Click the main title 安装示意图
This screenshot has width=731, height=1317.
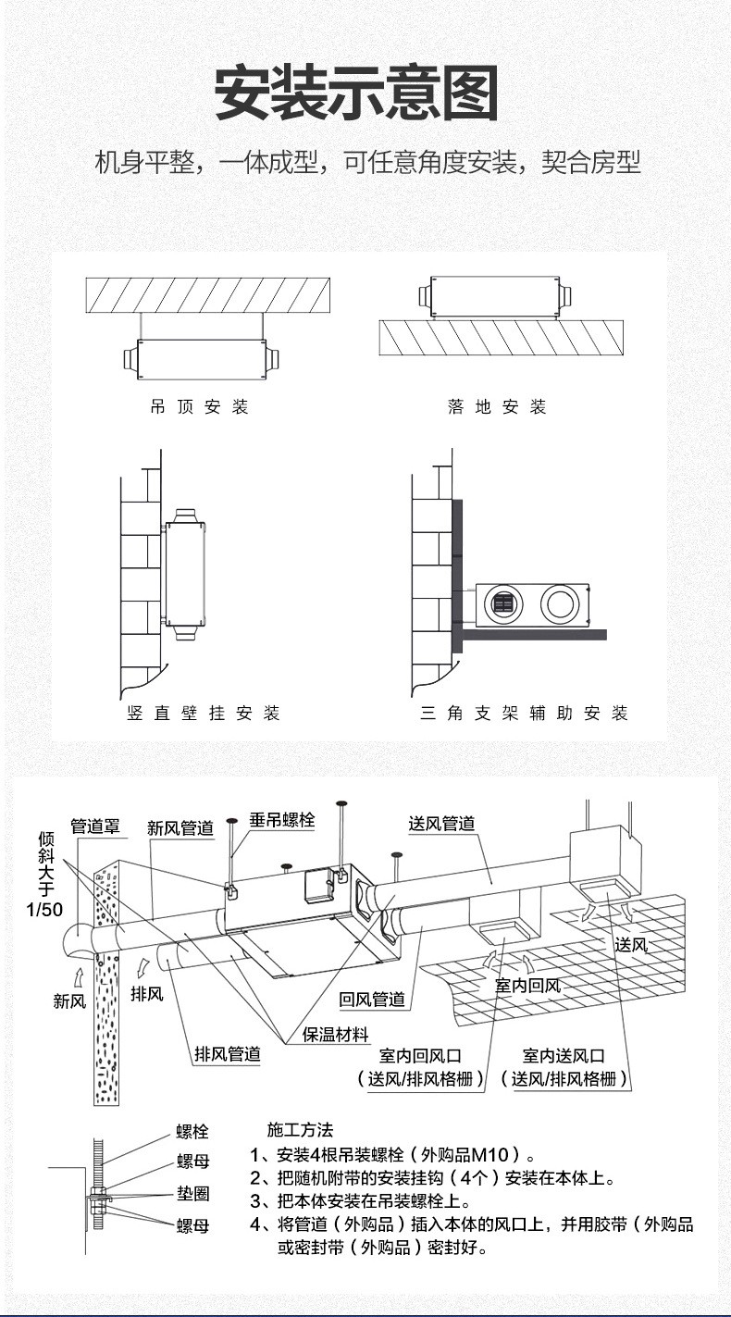point(356,94)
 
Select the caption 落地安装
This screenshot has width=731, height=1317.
point(497,407)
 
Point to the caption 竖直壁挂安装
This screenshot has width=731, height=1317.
point(203,713)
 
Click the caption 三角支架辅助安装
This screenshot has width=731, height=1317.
point(523,713)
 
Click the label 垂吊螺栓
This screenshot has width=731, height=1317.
point(282,820)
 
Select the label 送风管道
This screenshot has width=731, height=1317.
point(442,824)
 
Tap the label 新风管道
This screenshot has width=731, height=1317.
point(180,828)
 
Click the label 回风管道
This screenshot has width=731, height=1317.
point(372,999)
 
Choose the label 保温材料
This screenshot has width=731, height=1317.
point(336,1035)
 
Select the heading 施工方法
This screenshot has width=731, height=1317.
point(299,1130)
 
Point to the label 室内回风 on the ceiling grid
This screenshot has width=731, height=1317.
point(527,987)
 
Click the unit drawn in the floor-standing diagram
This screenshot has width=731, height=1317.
point(495,296)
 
